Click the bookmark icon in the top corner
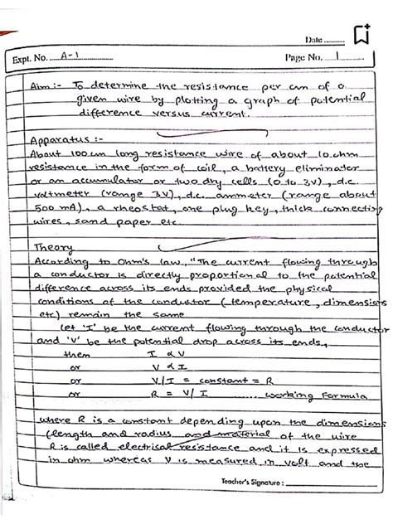coord(359,35)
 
